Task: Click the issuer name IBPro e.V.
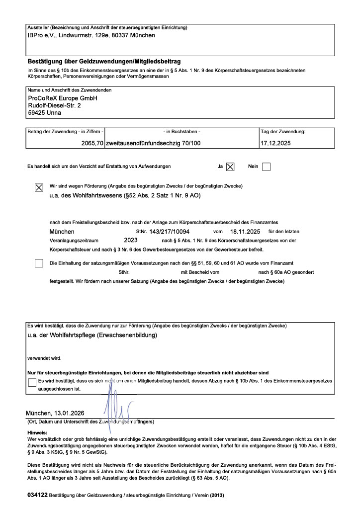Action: coord(41,35)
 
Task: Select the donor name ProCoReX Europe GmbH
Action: coord(63,98)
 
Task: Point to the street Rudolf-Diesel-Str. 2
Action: coord(54,106)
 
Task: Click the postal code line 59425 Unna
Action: coord(45,113)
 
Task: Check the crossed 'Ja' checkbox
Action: coord(230,167)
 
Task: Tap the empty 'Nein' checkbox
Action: coord(266,167)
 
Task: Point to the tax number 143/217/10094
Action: coord(169,232)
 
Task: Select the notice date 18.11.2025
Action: coord(246,232)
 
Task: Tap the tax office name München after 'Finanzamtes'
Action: coord(62,232)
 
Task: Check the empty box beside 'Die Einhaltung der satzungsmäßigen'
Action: coord(39,263)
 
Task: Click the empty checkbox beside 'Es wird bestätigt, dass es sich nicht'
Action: coord(33,382)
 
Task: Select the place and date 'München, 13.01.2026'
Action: coord(55,414)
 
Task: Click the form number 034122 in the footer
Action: coord(37,497)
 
